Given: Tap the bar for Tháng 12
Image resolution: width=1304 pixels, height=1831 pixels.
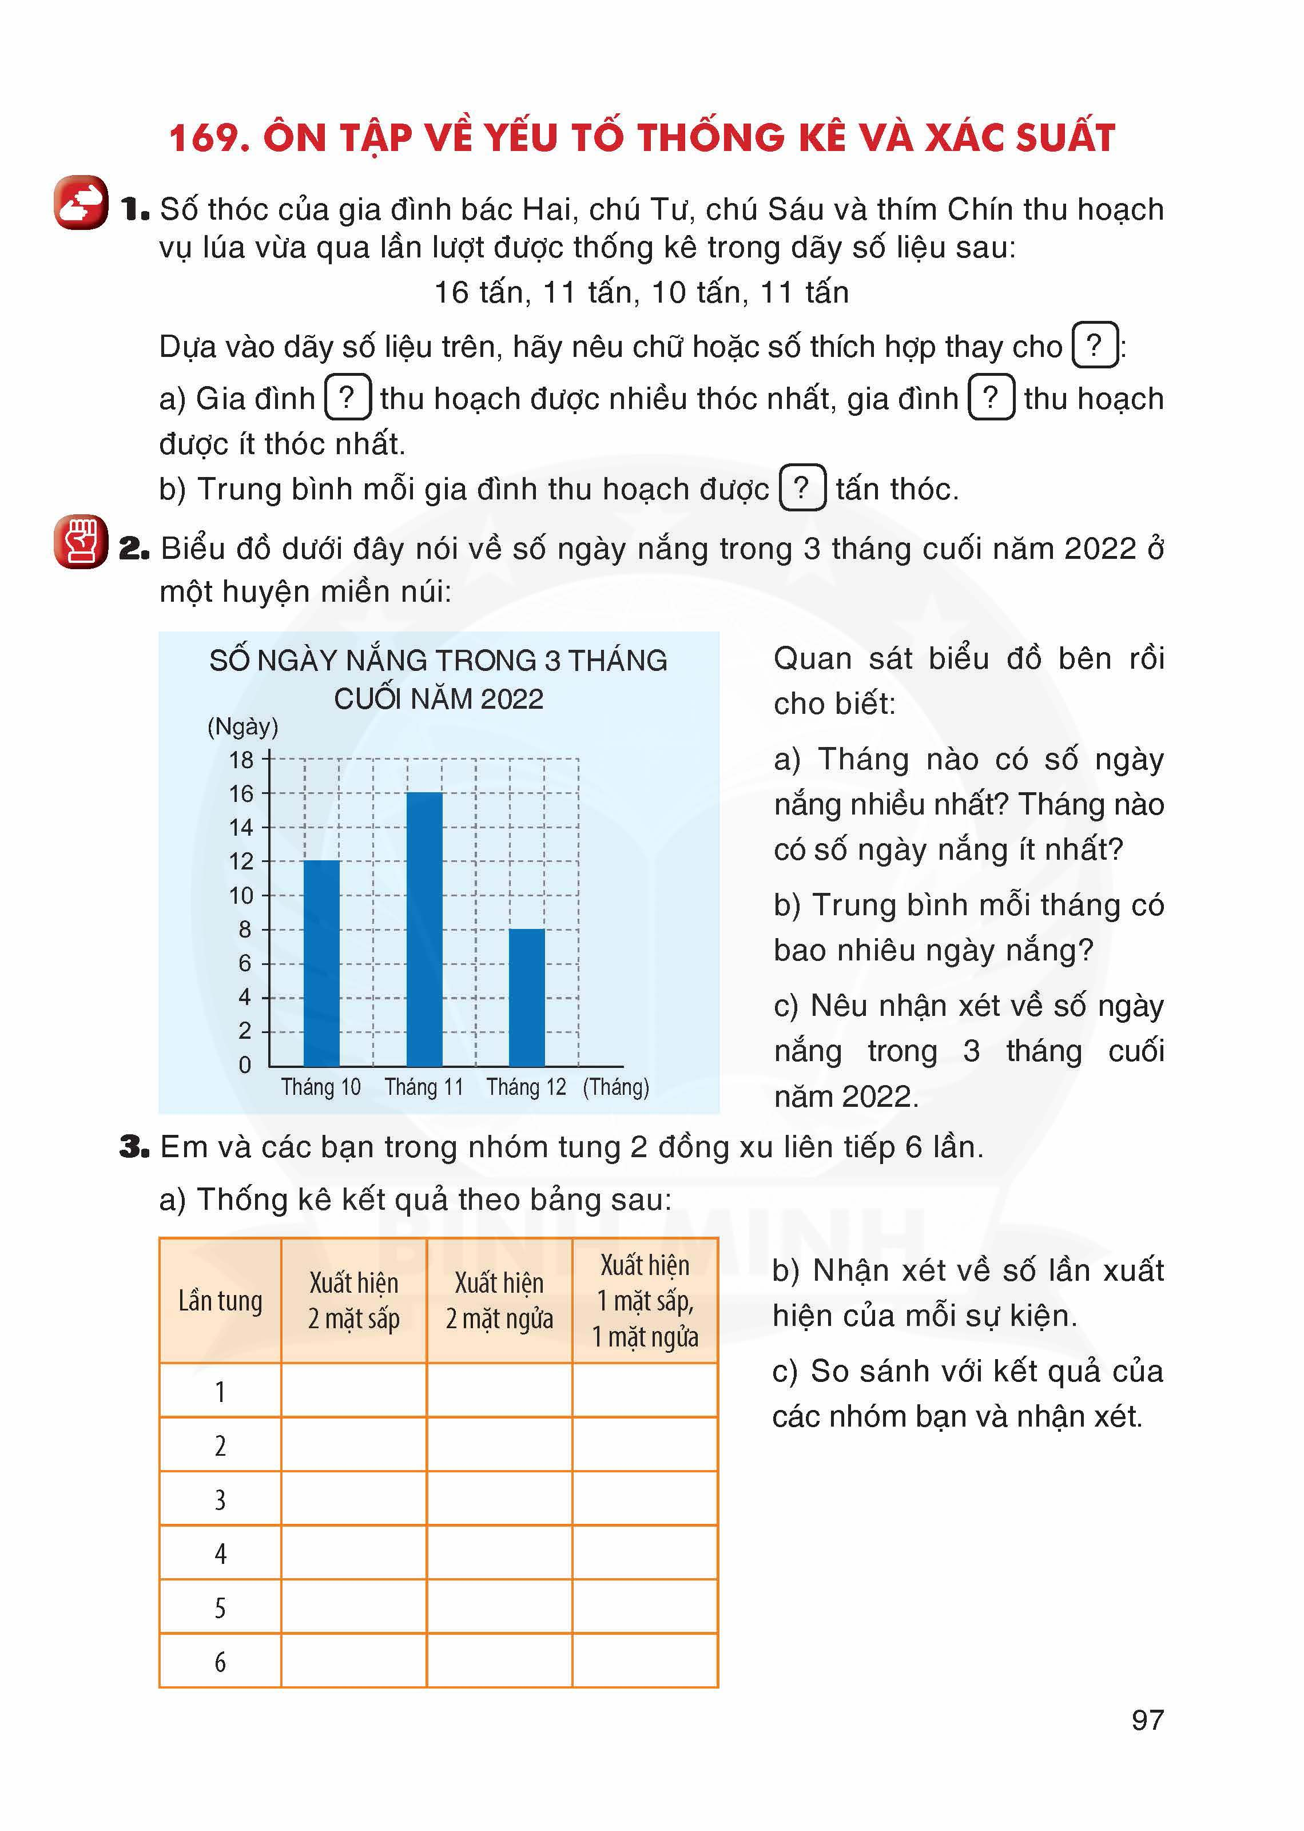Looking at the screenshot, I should (x=527, y=998).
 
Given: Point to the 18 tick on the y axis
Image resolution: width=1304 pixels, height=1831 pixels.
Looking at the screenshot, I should (x=241, y=760).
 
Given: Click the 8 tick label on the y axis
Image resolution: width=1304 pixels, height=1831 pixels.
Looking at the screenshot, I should (x=244, y=930).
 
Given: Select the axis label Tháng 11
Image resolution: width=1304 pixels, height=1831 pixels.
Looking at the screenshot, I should (x=424, y=1087).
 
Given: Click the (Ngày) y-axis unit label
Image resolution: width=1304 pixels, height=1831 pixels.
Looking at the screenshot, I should (x=242, y=727).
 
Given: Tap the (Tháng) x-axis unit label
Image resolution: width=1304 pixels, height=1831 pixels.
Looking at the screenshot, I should (x=616, y=1087).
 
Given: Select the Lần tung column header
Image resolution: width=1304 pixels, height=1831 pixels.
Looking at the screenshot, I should (x=220, y=1301).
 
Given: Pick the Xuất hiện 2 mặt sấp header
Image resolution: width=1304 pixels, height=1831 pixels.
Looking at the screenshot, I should (x=353, y=1301).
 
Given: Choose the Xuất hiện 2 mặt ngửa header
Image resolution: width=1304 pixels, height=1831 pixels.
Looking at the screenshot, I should (x=499, y=1301).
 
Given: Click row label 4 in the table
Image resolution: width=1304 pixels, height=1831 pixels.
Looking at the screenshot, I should (x=220, y=1554).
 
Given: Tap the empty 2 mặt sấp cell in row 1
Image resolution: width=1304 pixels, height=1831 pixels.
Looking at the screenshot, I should (x=353, y=1391).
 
